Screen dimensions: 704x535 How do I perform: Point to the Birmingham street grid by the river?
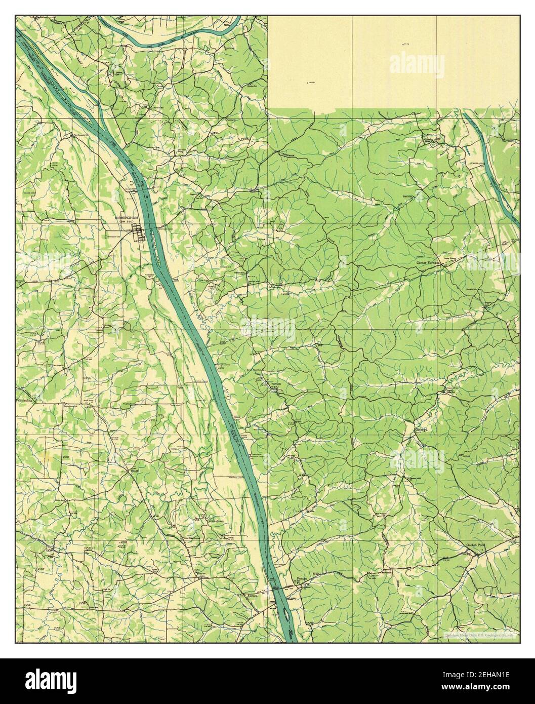tap(139, 233)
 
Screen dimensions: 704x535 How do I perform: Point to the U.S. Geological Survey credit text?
tap(481, 635)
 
